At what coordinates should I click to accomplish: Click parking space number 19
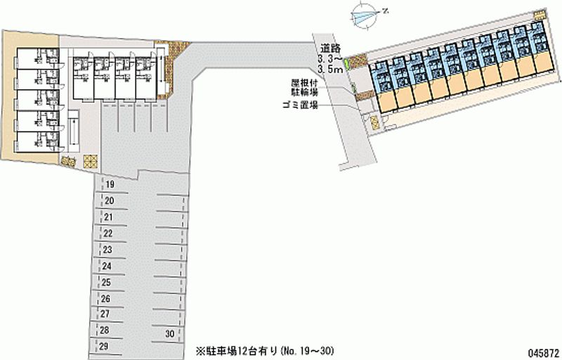pos(110,184)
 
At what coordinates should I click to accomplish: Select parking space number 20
pos(110,201)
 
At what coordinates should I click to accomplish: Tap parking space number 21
pos(109,217)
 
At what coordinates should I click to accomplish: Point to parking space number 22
pos(108,233)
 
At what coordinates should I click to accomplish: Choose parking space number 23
pos(107,250)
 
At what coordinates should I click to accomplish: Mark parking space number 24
pos(107,266)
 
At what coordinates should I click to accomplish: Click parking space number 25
pos(107,283)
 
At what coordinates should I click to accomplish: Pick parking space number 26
pos(106,299)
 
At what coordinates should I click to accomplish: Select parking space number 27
pos(105,314)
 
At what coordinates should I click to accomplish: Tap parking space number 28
pos(105,330)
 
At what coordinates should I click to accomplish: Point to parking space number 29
pos(104,346)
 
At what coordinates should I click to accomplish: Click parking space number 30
pos(169,333)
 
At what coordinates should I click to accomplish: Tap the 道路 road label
pos(330,49)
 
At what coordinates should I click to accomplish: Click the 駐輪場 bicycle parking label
pos(305,91)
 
